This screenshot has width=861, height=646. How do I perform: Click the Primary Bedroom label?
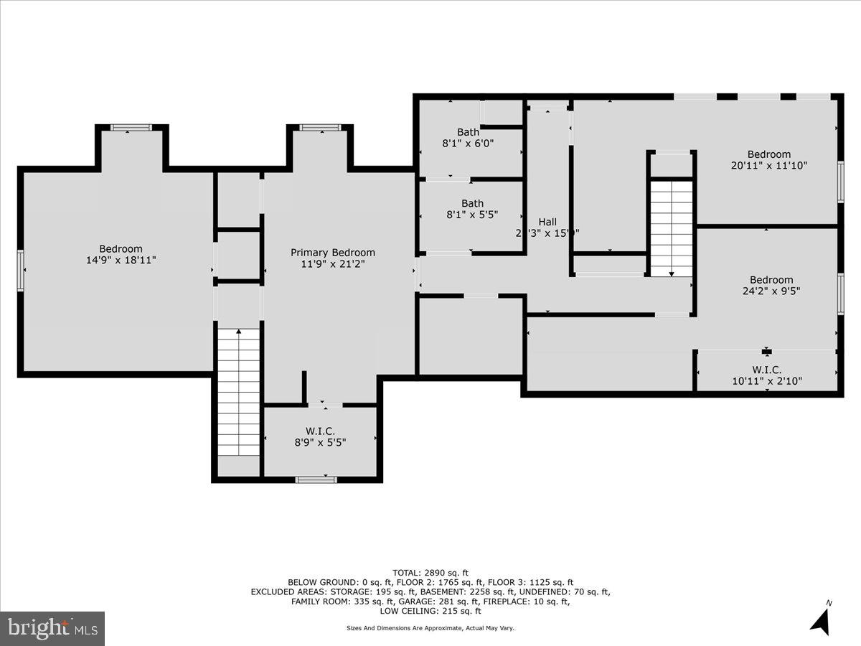point(332,253)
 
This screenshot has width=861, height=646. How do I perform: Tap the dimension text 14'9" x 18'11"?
point(121,260)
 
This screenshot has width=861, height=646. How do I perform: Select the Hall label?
point(547,222)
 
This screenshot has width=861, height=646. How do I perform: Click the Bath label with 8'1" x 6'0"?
point(469,132)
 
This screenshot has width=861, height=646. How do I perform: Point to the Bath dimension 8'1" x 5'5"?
point(469,214)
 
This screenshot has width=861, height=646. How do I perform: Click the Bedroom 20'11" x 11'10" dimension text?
point(769,165)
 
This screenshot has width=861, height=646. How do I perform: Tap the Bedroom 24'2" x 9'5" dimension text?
point(771,291)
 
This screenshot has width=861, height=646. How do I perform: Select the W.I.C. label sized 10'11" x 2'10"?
point(766,370)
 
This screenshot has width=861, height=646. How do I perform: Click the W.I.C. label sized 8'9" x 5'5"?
point(320,431)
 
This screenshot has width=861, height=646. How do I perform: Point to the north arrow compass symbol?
point(821,619)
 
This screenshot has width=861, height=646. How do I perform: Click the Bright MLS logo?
point(52,628)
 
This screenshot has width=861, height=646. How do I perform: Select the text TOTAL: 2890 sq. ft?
point(430,572)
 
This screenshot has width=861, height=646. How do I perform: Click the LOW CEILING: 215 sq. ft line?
point(430,611)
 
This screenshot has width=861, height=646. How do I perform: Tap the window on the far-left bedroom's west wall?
point(21,271)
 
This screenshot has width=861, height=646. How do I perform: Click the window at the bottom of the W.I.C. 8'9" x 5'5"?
point(316,479)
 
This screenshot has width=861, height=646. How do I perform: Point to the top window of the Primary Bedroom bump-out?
point(320,128)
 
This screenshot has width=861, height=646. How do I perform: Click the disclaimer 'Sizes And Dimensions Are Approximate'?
point(430,628)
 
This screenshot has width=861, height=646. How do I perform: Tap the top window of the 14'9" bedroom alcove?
point(131,128)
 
